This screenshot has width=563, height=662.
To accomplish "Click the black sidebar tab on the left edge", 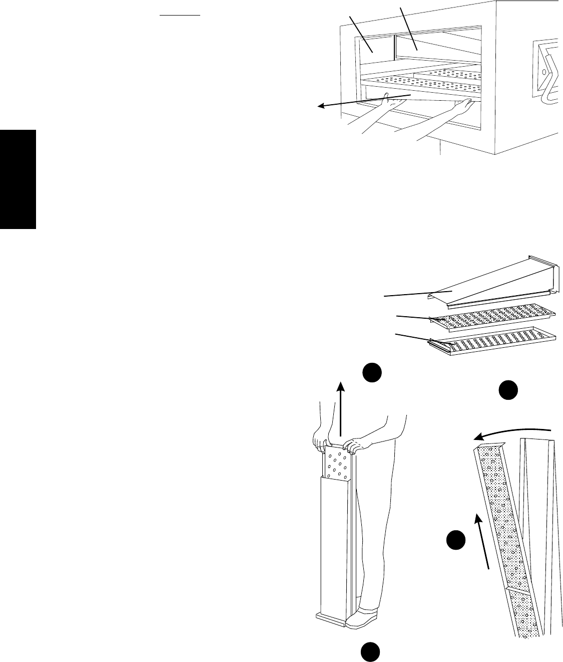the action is click(x=18, y=179).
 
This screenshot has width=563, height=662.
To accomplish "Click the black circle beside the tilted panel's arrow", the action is click(x=456, y=543).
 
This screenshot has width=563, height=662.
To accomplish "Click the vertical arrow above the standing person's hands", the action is click(x=341, y=408).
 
